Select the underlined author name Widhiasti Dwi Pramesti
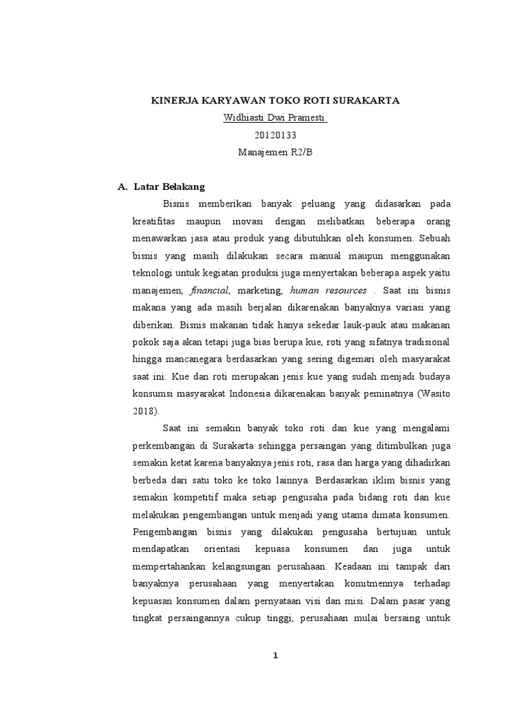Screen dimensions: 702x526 click(x=275, y=118)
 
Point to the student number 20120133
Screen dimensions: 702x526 click(x=275, y=135)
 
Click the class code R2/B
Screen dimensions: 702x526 click(x=300, y=152)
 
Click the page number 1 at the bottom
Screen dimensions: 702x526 click(x=275, y=656)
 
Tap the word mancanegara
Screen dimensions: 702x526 click(x=196, y=359)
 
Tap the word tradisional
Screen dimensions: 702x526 click(x=428, y=341)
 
